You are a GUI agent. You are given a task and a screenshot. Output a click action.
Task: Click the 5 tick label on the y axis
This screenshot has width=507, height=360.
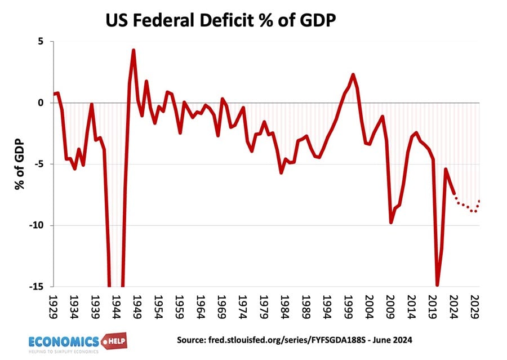41,41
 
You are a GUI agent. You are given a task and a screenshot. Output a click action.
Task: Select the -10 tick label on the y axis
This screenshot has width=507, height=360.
37,225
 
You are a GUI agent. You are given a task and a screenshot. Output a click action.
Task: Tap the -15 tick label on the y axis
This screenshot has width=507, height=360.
37,287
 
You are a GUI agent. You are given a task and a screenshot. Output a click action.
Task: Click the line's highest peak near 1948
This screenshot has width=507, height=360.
134,50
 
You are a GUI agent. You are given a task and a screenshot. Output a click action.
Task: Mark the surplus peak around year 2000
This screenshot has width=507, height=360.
353,74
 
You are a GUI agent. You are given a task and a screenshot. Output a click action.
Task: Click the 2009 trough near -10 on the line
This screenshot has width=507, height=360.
391,223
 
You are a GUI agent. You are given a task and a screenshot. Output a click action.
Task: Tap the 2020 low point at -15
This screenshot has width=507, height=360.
437,285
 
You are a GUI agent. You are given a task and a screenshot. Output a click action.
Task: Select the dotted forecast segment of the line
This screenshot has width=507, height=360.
468,207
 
